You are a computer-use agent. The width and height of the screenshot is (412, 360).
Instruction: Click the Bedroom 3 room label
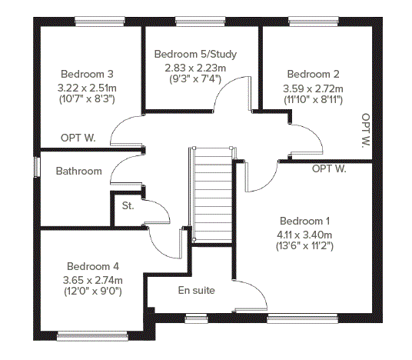coord(87,74)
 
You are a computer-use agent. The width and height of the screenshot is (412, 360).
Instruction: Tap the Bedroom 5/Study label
coord(195,54)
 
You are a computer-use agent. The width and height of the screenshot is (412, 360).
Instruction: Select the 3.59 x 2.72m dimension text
coord(313,89)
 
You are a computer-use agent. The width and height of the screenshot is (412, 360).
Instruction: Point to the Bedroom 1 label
coord(305,222)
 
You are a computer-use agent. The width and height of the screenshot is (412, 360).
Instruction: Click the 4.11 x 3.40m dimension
coord(305,235)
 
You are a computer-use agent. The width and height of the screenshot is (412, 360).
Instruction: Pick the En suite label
coord(197,291)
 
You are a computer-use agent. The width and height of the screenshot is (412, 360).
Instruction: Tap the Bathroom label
coord(79,172)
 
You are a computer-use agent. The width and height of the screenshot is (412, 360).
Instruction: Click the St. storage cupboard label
coord(128,205)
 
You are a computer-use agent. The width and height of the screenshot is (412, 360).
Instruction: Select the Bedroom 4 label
coord(93,267)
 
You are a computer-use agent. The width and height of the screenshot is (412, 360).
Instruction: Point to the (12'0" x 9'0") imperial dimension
coord(93,292)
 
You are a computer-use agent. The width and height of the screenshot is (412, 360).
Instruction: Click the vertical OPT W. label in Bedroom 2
coord(365,130)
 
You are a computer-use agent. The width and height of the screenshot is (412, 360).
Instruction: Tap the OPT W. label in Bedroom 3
coord(78,138)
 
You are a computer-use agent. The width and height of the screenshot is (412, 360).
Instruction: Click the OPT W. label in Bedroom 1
coord(329,168)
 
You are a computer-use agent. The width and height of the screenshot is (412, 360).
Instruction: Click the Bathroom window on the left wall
coord(37,167)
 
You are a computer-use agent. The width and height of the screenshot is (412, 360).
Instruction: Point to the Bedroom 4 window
coord(92,336)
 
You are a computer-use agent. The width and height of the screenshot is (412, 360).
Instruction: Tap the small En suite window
coord(196,319)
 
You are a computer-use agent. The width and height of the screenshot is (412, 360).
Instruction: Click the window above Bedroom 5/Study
coord(200,22)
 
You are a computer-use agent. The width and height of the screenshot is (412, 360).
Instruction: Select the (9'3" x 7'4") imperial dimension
coord(195,79)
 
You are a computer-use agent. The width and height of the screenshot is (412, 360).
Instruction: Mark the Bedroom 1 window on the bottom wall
coord(302,319)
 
